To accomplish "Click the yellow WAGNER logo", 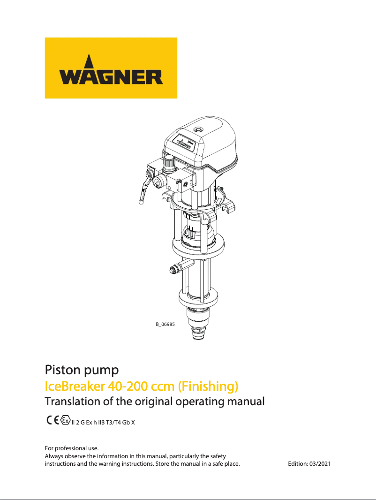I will [x=111, y=68].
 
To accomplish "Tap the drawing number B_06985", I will [x=165, y=324].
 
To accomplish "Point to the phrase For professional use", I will [x=71, y=449].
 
